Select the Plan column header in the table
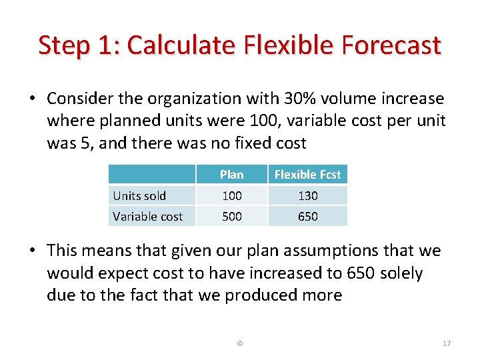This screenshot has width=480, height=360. pos(231,175)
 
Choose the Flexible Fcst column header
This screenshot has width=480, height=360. pos(307,175)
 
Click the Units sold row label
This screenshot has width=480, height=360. pos(139,195)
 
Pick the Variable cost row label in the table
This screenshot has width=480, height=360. pos(147,216)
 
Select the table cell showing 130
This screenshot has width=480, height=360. pos(307,195)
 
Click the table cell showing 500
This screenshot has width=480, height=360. pos(231,216)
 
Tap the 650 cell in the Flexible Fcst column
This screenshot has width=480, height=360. pos(307,216)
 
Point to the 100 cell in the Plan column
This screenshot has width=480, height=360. pos(231,195)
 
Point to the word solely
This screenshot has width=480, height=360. pos(401,273)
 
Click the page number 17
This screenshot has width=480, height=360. pos(447,343)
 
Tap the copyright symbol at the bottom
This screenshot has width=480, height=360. pos(240,343)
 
